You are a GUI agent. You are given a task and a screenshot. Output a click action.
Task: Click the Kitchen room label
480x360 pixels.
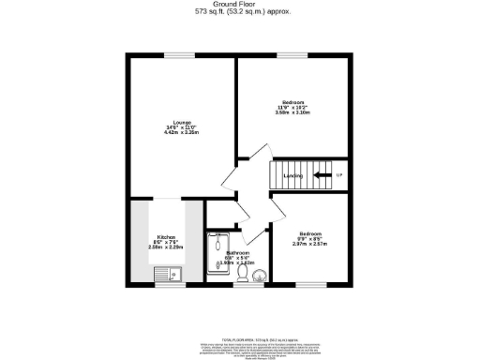(166, 237)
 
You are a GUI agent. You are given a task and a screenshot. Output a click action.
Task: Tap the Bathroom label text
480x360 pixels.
(238, 253)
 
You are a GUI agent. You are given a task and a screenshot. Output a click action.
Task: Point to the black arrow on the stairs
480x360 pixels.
(321, 175)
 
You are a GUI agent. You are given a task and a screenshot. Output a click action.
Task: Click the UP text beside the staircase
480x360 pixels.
(339, 175)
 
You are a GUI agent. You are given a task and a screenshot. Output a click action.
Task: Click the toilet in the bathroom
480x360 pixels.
(242, 273)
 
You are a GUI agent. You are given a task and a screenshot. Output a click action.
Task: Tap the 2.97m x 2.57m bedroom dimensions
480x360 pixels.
(310, 244)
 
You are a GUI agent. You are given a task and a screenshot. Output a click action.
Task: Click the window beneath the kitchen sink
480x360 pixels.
(169, 284)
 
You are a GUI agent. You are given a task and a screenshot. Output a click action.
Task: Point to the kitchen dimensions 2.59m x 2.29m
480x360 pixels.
(167, 248)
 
